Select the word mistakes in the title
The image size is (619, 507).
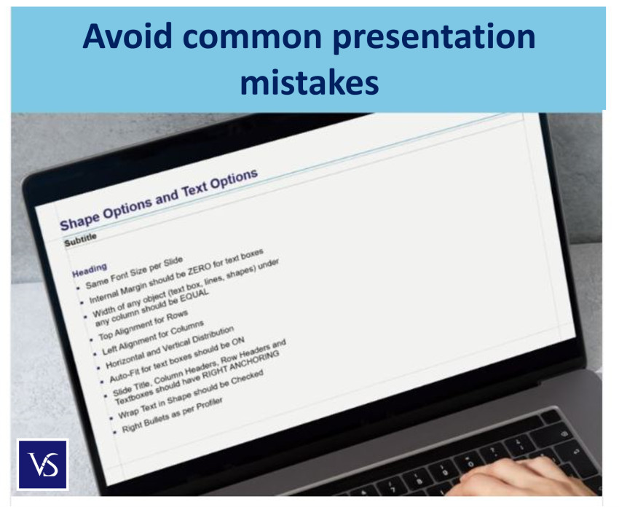(x=309, y=83)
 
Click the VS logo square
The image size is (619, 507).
(x=42, y=464)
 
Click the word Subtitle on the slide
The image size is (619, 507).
(x=80, y=240)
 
